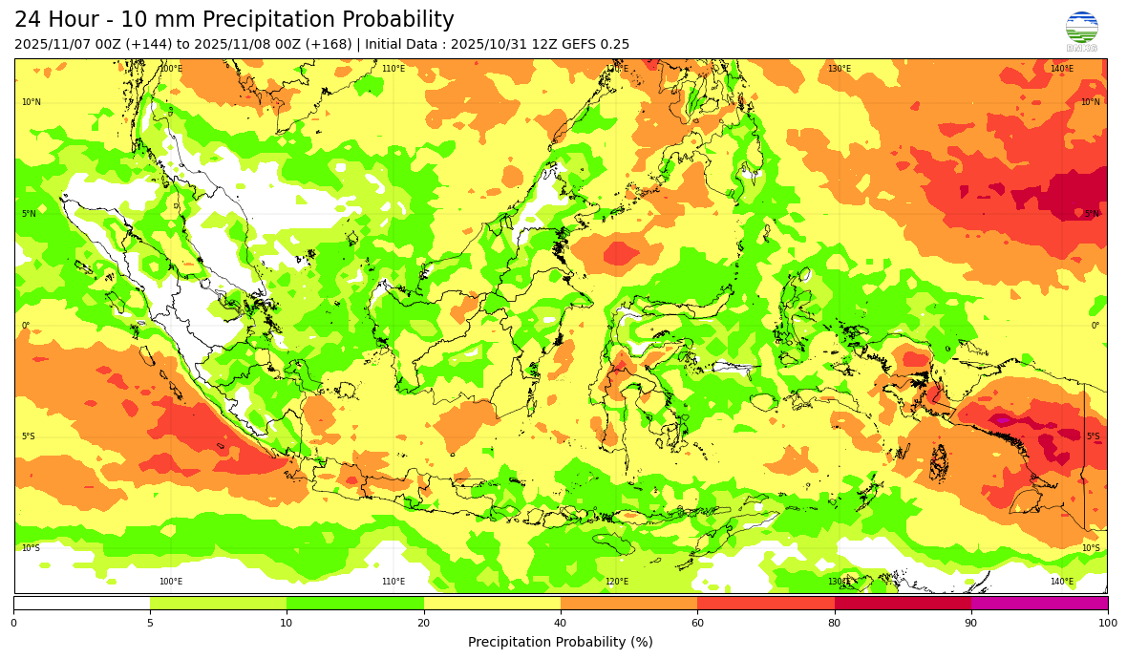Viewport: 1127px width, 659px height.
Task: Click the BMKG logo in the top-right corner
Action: [1081, 30]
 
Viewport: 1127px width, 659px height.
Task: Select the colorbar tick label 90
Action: [971, 624]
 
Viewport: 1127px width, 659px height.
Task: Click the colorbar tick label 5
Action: [150, 624]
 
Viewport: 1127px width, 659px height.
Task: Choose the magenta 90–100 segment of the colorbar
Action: [1039, 603]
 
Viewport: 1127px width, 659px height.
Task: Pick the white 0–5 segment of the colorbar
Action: [82, 603]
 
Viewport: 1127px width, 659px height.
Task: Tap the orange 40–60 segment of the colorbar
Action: [628, 603]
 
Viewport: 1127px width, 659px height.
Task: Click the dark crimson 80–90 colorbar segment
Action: [903, 603]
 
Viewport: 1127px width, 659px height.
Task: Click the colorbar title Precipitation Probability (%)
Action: [561, 642]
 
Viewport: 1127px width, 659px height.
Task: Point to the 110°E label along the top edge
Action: [393, 69]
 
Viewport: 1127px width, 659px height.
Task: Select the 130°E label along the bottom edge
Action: [840, 582]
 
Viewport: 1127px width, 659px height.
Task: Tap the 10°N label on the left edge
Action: [32, 102]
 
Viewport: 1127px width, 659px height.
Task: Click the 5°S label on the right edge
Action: [1093, 436]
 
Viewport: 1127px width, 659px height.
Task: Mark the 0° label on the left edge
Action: [26, 326]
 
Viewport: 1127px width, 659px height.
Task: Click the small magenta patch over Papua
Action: [1001, 419]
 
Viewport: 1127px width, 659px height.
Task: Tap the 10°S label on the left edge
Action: [32, 548]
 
